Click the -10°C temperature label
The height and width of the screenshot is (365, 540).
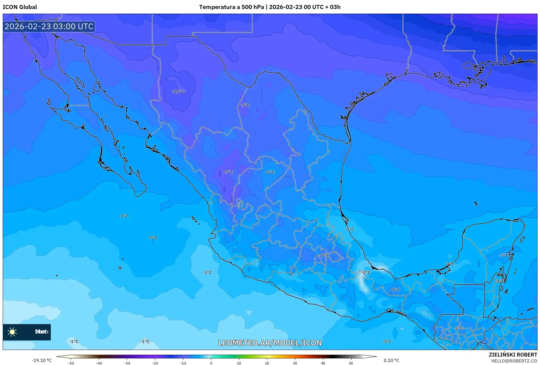coord(178,92)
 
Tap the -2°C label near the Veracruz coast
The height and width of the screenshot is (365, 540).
coord(366,273)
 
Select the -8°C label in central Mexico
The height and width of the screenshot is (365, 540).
coord(325,255)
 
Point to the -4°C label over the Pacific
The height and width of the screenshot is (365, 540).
coord(124,216)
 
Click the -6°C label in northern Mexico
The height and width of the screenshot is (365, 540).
coord(270,172)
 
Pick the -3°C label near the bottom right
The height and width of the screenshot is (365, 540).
coord(387,342)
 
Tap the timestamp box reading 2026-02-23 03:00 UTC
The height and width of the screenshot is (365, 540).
coord(49,26)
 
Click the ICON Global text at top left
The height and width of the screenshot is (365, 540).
coord(20,7)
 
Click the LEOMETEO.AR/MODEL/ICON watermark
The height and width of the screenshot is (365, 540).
coord(270,343)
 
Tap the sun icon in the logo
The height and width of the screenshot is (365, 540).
coord(12,332)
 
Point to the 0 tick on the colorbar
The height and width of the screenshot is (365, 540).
coord(211,363)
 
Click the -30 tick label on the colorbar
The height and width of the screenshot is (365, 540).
coord(127,363)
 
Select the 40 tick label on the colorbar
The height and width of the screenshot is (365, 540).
coord(323,363)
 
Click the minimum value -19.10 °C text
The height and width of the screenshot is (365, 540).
coord(42,361)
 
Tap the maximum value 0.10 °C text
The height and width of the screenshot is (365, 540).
coord(391,361)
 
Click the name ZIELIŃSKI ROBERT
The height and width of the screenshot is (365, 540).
coord(513,355)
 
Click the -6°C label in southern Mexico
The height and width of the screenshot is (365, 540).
coord(395,290)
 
